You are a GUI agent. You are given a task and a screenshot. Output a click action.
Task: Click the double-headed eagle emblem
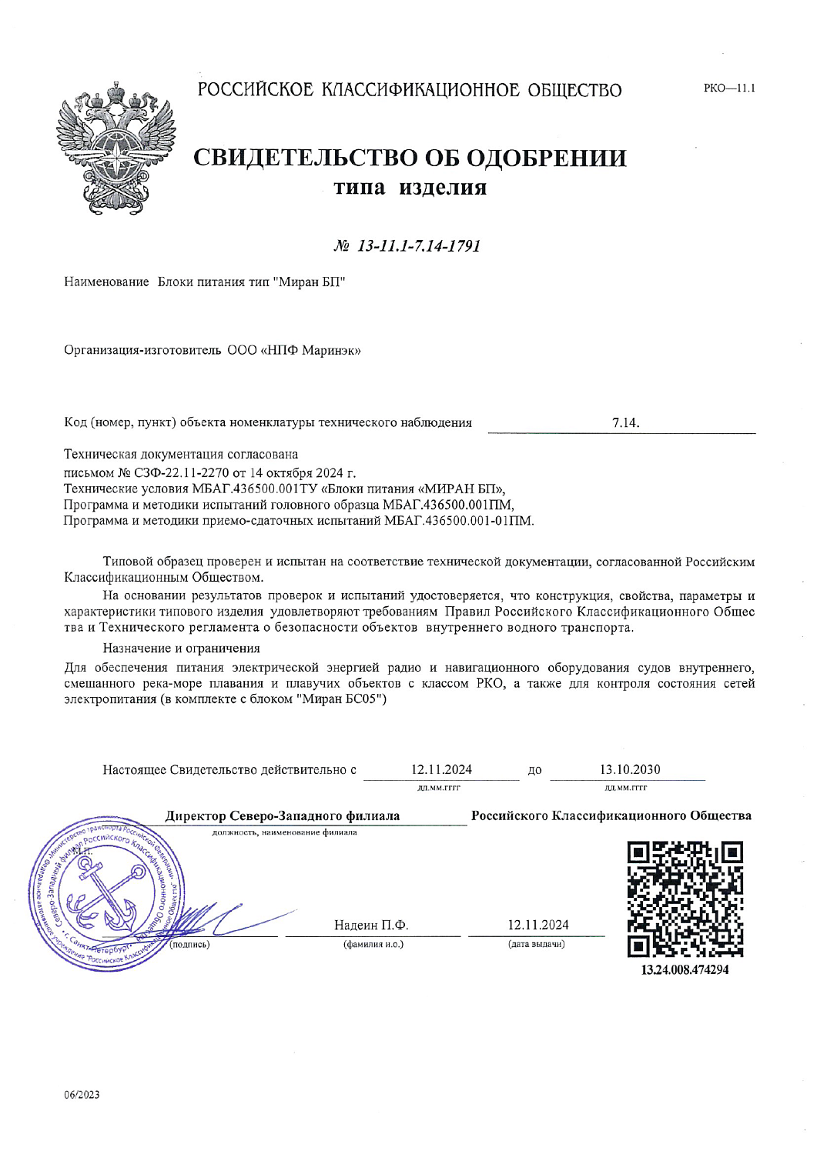pos(116,147)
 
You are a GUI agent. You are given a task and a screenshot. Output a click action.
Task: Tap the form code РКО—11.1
pos(728,88)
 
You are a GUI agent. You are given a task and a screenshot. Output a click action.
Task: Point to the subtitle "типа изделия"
pos(410,188)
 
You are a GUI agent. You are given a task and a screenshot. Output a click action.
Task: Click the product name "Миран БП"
pos(309,282)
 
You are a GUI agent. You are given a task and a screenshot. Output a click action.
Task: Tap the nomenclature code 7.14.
pos(625,422)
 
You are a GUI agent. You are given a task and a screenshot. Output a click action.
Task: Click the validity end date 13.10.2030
pos(629,769)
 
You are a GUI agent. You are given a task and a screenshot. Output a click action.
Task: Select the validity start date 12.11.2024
pos(441,769)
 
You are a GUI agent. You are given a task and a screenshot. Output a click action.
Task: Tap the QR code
pos(685,899)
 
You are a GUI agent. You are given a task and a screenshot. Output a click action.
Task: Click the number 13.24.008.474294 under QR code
pos(685,969)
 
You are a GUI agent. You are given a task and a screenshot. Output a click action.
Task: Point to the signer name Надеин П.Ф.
pos(370,925)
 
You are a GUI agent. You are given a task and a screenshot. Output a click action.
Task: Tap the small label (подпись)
pos(189,944)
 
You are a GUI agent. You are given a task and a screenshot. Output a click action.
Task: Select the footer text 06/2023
pos(82,1095)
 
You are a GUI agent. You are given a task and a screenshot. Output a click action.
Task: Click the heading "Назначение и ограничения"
pos(182,649)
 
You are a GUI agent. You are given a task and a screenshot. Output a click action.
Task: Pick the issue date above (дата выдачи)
pos(537,925)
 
